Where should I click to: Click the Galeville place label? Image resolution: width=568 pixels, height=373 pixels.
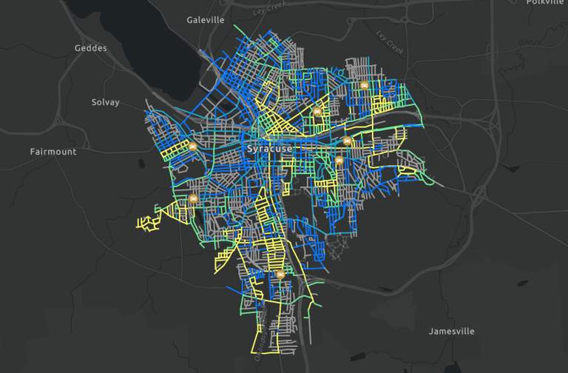(206, 20)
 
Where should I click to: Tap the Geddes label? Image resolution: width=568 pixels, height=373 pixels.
(91, 48)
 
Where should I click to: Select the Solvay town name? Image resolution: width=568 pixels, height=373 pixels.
(105, 102)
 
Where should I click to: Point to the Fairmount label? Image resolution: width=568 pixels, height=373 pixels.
(53, 152)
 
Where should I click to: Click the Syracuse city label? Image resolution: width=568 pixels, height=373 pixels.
(269, 149)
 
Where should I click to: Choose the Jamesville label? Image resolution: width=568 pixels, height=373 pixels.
(452, 331)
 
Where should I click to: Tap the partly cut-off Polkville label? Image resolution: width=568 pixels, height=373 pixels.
(545, 2)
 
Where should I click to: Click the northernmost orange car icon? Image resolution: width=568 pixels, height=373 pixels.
(365, 85)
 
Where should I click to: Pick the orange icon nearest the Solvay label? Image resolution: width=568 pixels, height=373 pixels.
(192, 147)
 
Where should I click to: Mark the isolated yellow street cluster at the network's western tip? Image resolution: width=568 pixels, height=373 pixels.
(149, 221)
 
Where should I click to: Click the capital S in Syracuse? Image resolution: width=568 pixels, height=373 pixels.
(248, 149)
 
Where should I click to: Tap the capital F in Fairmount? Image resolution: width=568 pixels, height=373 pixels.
(33, 152)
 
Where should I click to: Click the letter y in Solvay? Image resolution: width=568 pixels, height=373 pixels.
(116, 103)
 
